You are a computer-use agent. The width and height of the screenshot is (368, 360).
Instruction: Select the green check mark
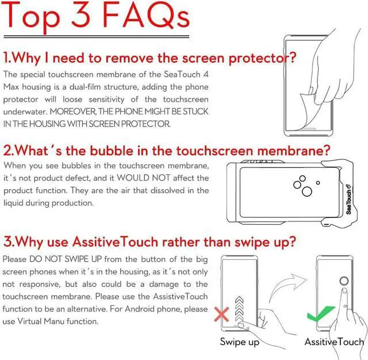(320, 314)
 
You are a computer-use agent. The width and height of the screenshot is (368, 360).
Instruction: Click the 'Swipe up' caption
(239, 342)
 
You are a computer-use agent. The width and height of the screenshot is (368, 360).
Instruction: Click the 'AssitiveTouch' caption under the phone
(333, 342)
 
